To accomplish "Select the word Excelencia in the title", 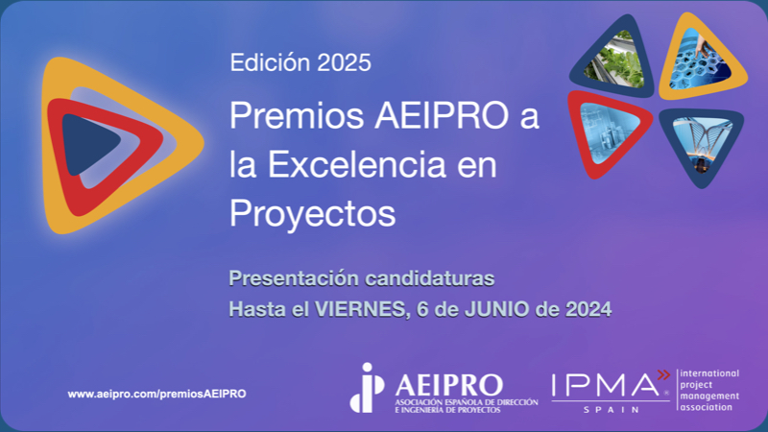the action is click(357, 164).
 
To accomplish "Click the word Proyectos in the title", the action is click(313, 213).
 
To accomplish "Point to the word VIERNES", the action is click(362, 309).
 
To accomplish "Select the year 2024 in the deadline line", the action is click(588, 309).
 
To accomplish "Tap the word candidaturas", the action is click(430, 278).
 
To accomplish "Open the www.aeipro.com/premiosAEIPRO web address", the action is click(156, 394).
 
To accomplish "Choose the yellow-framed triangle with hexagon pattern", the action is click(702, 58).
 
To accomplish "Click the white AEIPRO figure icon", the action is click(367, 388).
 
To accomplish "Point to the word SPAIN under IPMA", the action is click(611, 409).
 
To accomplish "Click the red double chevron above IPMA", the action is click(663, 374).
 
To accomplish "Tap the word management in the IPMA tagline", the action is click(709, 396).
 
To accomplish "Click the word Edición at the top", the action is click(271, 62).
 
